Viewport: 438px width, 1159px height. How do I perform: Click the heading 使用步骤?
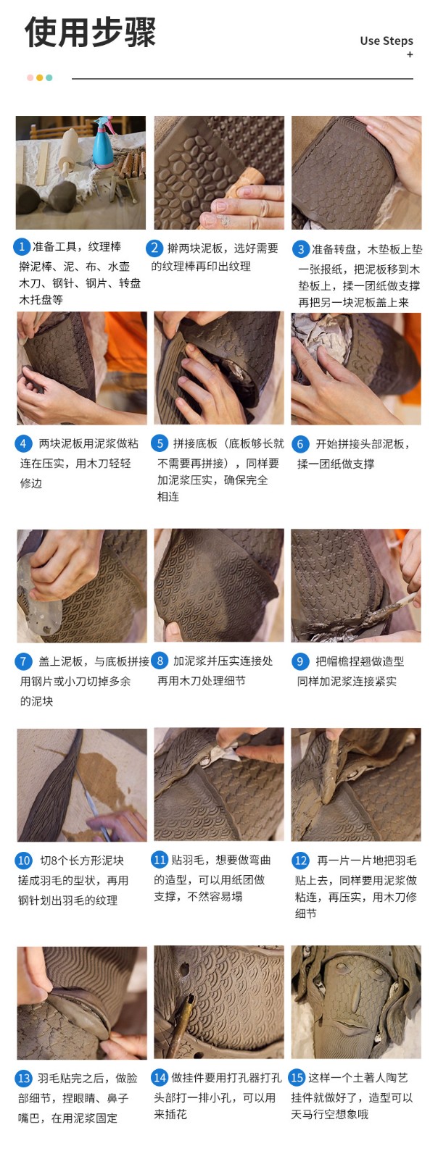[x=90, y=32]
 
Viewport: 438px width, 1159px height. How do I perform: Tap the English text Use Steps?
[x=387, y=41]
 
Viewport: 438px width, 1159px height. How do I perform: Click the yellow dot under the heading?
[x=39, y=78]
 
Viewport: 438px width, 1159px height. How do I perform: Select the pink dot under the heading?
[x=30, y=78]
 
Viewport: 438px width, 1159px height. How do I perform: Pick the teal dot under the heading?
[x=49, y=78]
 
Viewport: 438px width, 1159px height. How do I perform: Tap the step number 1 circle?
[x=21, y=246]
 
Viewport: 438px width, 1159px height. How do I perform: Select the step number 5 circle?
[x=160, y=443]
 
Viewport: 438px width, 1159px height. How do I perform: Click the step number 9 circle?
[x=299, y=661]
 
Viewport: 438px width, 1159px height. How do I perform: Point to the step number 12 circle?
[x=300, y=861]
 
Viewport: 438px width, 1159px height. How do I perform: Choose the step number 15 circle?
[x=297, y=1077]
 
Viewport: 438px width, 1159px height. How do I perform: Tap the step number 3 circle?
[x=300, y=249]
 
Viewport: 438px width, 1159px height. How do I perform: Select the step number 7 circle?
[x=22, y=661]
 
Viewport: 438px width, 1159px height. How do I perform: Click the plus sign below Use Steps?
[x=410, y=54]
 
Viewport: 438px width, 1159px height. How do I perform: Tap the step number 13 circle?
[x=24, y=1079]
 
